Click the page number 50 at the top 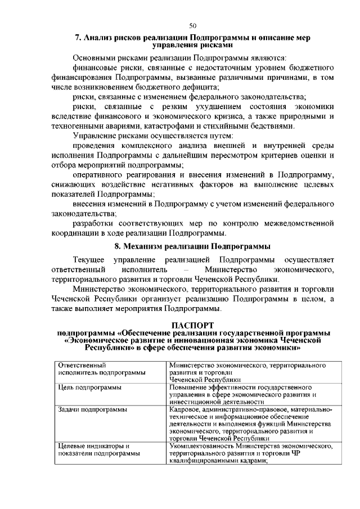192,25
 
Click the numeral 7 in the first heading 78,38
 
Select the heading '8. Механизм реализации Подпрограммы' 192,246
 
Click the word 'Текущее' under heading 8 89,259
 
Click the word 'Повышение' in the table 191,388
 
